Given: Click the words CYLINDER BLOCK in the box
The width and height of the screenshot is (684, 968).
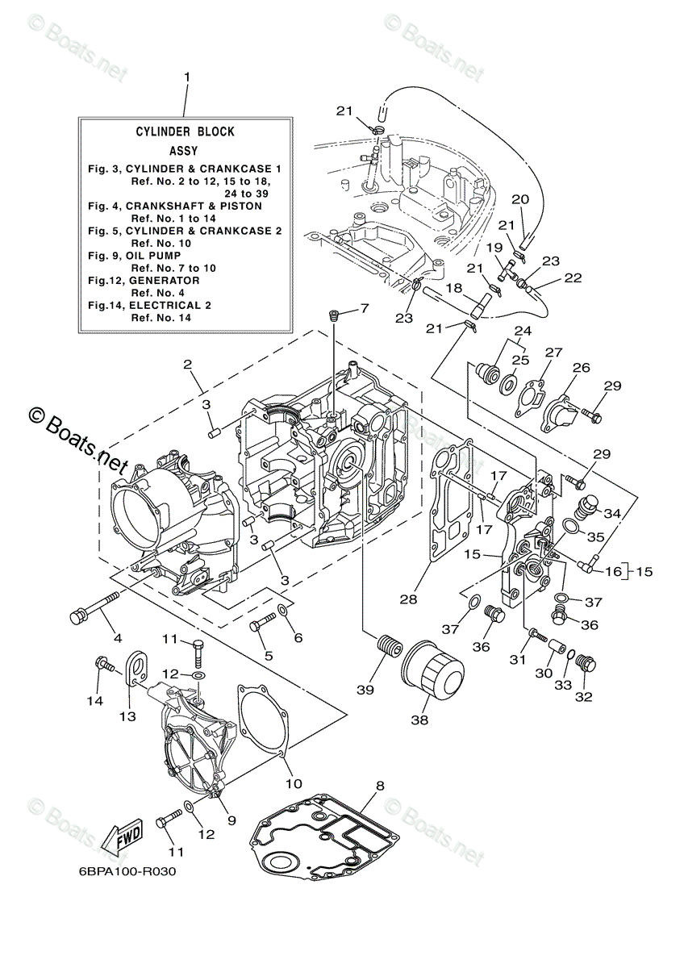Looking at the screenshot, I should (x=185, y=131).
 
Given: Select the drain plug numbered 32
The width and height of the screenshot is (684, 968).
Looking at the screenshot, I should (x=586, y=666).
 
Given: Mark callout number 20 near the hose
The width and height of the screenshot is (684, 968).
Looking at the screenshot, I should (x=520, y=199).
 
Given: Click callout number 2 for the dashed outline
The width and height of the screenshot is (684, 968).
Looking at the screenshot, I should (x=186, y=364).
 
